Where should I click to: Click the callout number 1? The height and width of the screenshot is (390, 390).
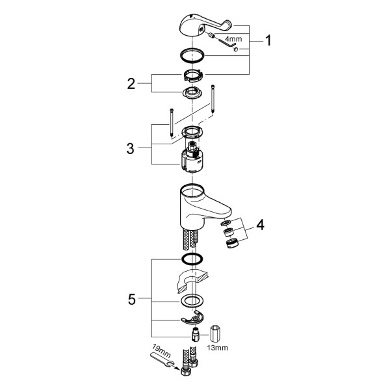[268, 40]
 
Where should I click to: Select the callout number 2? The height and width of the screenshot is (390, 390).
[131, 84]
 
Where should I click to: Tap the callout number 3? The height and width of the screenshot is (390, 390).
[130, 149]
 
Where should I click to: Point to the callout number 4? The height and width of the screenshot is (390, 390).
[260, 225]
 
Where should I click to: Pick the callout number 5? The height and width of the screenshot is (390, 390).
[131, 299]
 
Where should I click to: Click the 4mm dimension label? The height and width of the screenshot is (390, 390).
[233, 39]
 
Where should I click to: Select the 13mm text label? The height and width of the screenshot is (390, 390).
[217, 348]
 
